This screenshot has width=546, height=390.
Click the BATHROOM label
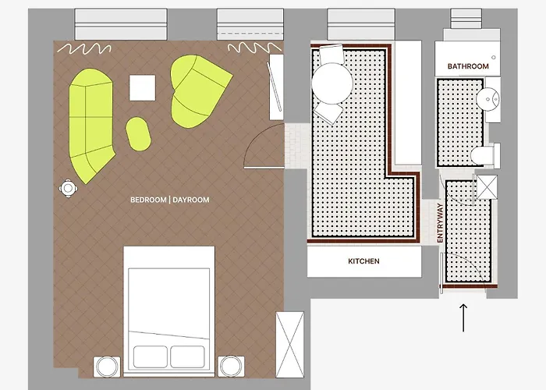pos(468,66)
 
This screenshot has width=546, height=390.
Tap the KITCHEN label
pos(363,261)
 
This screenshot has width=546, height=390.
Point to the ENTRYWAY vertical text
pos(440,223)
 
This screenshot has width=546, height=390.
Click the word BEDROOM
pos(148,200)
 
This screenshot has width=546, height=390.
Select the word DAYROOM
pos(191,200)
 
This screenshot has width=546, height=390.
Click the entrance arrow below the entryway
pos(463,317)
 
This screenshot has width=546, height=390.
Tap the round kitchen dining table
pos(332,83)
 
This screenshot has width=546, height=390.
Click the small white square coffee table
pos(143,87)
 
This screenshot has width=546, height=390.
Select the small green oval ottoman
pos(138,134)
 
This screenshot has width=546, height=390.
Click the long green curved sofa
pos(91,126)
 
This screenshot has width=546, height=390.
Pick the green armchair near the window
pos(198,91)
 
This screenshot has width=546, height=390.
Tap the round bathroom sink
pos(487,99)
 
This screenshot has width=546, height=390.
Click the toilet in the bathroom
pos(484,155)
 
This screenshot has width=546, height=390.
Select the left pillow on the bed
pos(150,356)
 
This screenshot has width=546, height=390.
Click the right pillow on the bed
pos(187,356)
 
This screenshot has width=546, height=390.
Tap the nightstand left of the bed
pos(107,367)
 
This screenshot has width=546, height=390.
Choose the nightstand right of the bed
pos(231,367)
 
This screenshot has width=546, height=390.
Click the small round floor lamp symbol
pos(69,189)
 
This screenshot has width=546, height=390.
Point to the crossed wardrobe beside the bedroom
pos(289,345)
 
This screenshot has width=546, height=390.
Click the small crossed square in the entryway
pos(487,187)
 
